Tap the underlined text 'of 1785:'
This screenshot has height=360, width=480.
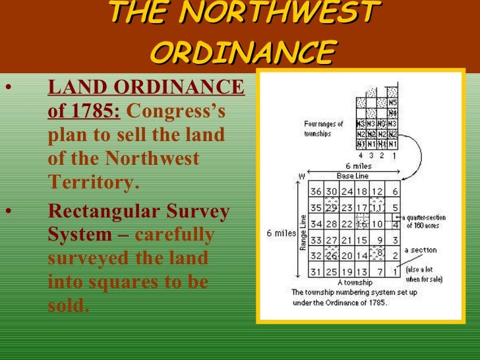point(83,110)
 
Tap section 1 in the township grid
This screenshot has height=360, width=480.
point(394,272)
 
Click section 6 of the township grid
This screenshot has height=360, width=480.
point(394,191)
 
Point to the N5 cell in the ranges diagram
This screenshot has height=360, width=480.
point(392,103)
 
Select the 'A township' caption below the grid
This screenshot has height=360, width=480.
point(355,282)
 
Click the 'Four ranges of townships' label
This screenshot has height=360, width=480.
point(324,128)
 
